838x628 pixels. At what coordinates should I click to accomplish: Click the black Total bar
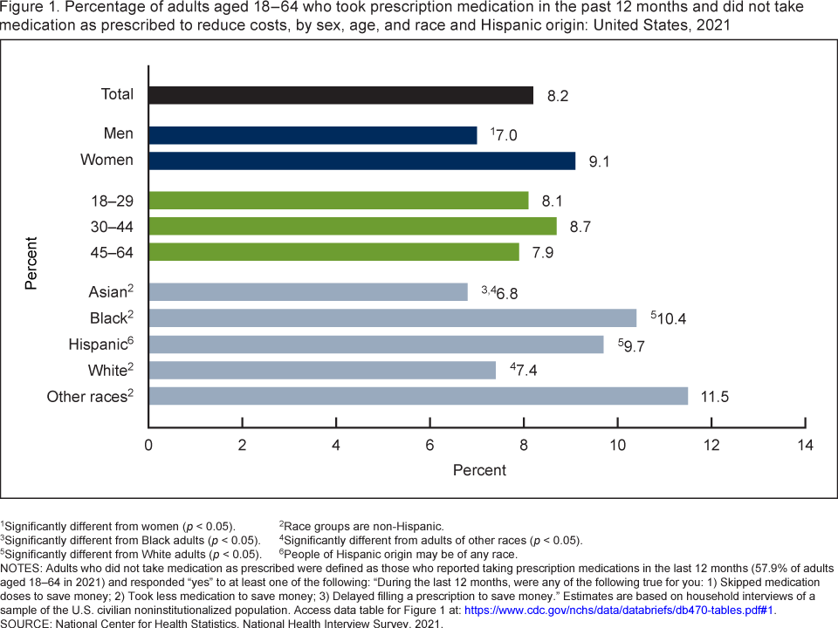pos(340,94)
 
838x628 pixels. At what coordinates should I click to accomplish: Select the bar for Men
pos(313,135)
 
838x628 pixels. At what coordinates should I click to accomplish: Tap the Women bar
pos(361,160)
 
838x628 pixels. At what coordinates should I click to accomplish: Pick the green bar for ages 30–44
pos(352,226)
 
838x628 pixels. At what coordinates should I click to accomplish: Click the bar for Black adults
pos(392,317)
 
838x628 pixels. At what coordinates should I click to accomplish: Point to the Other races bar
pos(418,397)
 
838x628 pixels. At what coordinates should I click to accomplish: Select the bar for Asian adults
pos(307,291)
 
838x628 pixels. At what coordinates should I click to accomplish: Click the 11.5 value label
pos(714,398)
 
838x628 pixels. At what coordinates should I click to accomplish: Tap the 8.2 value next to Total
pos(558,95)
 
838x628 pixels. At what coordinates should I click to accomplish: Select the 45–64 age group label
pos(111,252)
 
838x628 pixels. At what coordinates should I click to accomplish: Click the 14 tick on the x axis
pos(805,445)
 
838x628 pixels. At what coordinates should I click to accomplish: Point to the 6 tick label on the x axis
pos(430,445)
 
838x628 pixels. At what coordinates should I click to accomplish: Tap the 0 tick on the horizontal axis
pos(149,445)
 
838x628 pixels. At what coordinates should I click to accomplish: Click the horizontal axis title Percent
pos(479,470)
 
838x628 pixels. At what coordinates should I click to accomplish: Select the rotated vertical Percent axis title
pos(31,262)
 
